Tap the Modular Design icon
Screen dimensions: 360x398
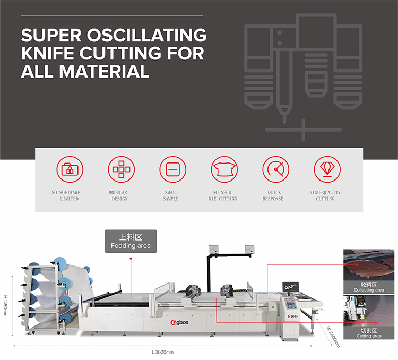point(122,169)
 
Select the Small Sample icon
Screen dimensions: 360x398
point(172,169)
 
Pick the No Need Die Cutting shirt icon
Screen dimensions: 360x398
point(224,169)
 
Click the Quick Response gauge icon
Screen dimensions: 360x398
point(275,169)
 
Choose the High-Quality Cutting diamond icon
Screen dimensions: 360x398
point(326,169)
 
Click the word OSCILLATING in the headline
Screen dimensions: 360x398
point(144,36)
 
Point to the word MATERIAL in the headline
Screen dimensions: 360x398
point(99,71)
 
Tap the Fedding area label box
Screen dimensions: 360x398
point(131,241)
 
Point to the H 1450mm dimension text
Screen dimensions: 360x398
point(6,303)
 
